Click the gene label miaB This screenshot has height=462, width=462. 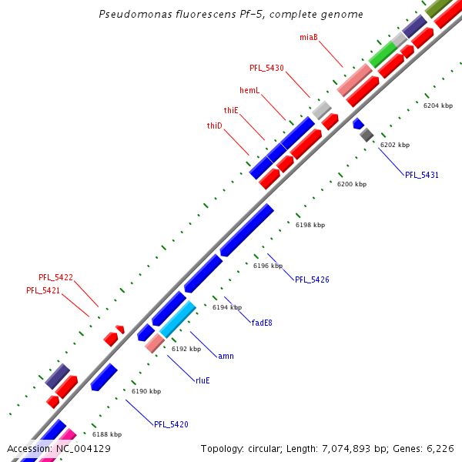click(x=308, y=37)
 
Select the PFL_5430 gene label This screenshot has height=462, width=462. click(x=266, y=68)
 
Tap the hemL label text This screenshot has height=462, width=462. click(x=249, y=91)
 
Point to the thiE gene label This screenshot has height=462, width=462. click(x=231, y=111)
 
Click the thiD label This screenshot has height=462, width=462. click(x=214, y=126)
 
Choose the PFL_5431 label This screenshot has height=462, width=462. click(x=422, y=176)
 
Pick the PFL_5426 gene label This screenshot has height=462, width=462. click(x=312, y=280)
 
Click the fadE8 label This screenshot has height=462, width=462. click(x=262, y=323)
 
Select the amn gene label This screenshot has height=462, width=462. click(x=226, y=356)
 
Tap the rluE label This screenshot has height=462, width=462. click(x=203, y=380)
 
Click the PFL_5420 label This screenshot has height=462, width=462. click(x=171, y=424)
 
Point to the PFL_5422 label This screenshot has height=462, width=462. click(x=55, y=277)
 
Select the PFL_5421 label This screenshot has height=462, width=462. click(x=43, y=290)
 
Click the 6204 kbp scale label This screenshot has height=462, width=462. click(x=437, y=105)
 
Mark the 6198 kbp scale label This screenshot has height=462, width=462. click(x=310, y=225)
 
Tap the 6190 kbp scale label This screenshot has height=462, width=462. click(x=146, y=391)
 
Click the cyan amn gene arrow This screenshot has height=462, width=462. click(x=178, y=319)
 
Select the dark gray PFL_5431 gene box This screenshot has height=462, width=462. click(x=367, y=135)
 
